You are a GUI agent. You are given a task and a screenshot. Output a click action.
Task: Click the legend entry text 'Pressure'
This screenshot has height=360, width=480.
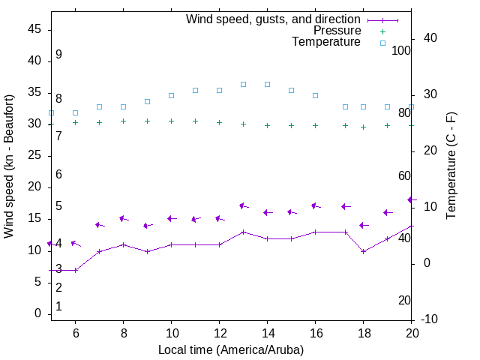337,31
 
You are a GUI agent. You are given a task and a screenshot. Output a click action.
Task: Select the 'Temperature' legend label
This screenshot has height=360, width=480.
326,42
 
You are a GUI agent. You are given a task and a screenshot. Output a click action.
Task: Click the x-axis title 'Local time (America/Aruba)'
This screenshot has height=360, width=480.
231,349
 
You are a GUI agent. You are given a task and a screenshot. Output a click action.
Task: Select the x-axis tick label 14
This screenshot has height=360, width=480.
267,332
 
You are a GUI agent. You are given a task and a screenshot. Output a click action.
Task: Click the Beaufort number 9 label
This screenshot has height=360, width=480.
58,55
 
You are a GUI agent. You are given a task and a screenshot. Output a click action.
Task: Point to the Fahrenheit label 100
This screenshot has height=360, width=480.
401,50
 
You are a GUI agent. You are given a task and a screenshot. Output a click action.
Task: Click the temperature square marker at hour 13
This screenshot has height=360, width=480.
243,84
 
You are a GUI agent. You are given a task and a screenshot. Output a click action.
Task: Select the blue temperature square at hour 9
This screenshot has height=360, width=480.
147,101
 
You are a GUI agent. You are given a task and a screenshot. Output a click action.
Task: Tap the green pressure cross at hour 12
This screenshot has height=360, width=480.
219,122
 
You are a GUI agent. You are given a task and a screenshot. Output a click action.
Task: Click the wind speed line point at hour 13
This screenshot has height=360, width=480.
243,232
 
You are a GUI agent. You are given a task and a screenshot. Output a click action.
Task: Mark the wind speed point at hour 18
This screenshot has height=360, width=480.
363,251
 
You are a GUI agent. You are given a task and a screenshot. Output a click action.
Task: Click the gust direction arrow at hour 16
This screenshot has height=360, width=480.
315,205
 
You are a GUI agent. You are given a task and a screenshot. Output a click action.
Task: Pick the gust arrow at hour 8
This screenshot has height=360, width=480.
124,218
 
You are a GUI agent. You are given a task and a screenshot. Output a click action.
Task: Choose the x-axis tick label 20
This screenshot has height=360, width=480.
411,332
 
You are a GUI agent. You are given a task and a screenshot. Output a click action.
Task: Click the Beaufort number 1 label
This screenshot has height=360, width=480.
58,307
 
